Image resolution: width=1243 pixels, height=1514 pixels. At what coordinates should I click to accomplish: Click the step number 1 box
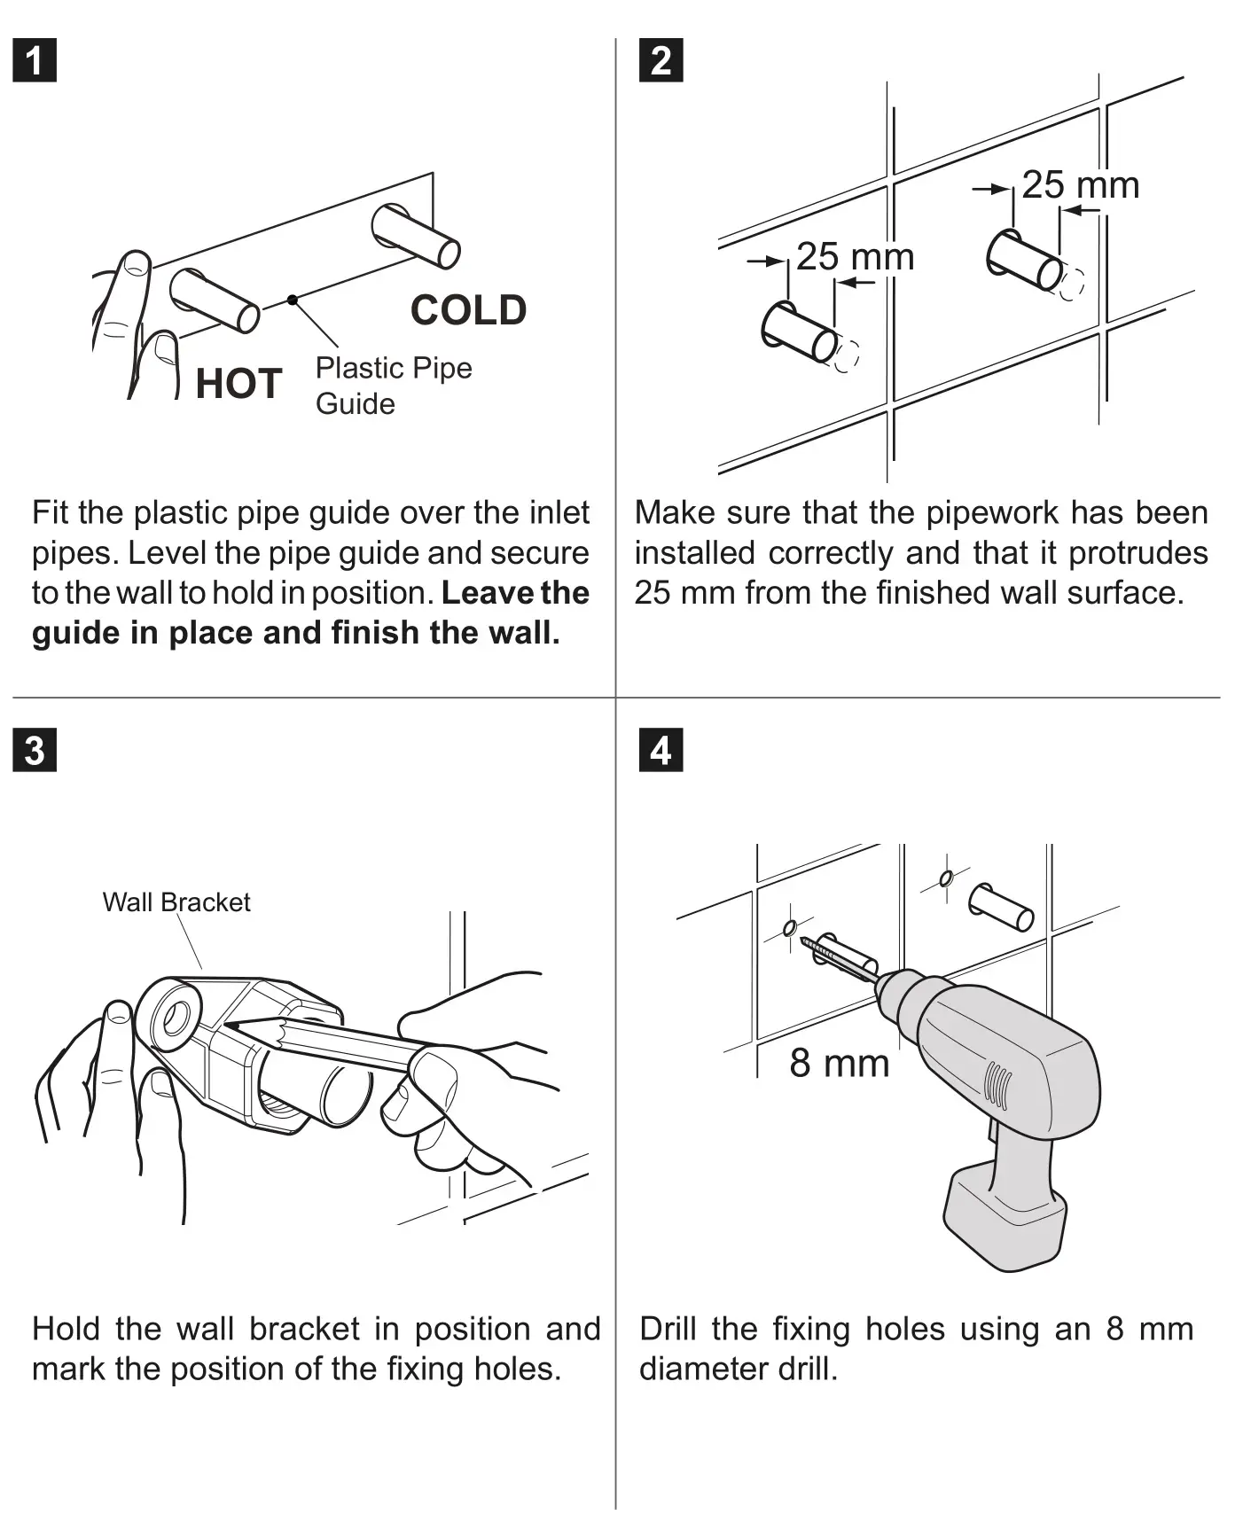[x=35, y=60]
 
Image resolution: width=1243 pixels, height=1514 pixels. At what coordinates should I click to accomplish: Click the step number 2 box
[x=661, y=60]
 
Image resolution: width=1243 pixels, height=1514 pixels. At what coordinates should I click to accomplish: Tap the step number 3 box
[x=35, y=750]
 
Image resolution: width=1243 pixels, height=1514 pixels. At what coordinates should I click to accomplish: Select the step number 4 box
[x=661, y=750]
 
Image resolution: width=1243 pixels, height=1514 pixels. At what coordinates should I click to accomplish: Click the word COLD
[x=468, y=310]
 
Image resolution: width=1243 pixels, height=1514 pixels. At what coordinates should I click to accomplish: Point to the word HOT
[x=238, y=384]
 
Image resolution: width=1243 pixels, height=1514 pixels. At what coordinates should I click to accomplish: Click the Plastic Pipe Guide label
[x=393, y=386]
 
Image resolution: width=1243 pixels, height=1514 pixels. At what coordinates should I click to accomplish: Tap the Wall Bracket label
[x=176, y=902]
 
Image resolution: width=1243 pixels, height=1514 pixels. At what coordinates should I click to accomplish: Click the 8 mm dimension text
[x=839, y=1063]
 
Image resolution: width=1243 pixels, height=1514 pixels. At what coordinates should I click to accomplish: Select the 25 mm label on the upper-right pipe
[x=1080, y=185]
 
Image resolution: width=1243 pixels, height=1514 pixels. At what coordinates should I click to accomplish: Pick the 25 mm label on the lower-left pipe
[x=855, y=257]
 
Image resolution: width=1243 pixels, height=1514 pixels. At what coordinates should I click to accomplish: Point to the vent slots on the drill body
[x=997, y=1085]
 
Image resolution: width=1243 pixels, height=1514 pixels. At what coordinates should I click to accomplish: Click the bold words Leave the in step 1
[x=515, y=593]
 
